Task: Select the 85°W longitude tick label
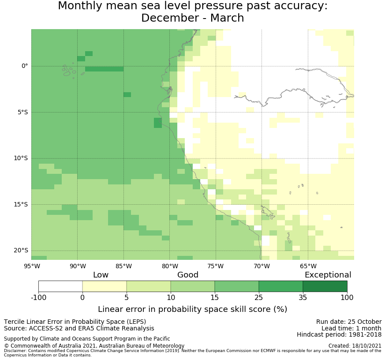tap(123, 266)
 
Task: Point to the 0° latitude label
tap(25, 66)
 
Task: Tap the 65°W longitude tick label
tap(308, 266)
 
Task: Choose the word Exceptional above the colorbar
tap(328, 275)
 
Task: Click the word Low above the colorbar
tap(101, 275)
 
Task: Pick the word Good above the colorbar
tap(188, 275)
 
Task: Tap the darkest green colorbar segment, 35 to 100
tap(325, 286)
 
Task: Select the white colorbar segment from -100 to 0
tap(60, 286)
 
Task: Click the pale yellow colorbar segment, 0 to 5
tap(105, 286)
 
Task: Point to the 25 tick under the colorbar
tap(259, 297)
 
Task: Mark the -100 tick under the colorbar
tap(38, 297)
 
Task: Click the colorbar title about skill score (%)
tap(192, 309)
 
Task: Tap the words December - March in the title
tap(192, 18)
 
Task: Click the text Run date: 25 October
tap(348, 322)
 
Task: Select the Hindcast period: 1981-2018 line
tap(339, 335)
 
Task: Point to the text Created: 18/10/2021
tap(355, 346)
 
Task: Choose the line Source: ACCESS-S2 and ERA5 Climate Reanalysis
tap(79, 329)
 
